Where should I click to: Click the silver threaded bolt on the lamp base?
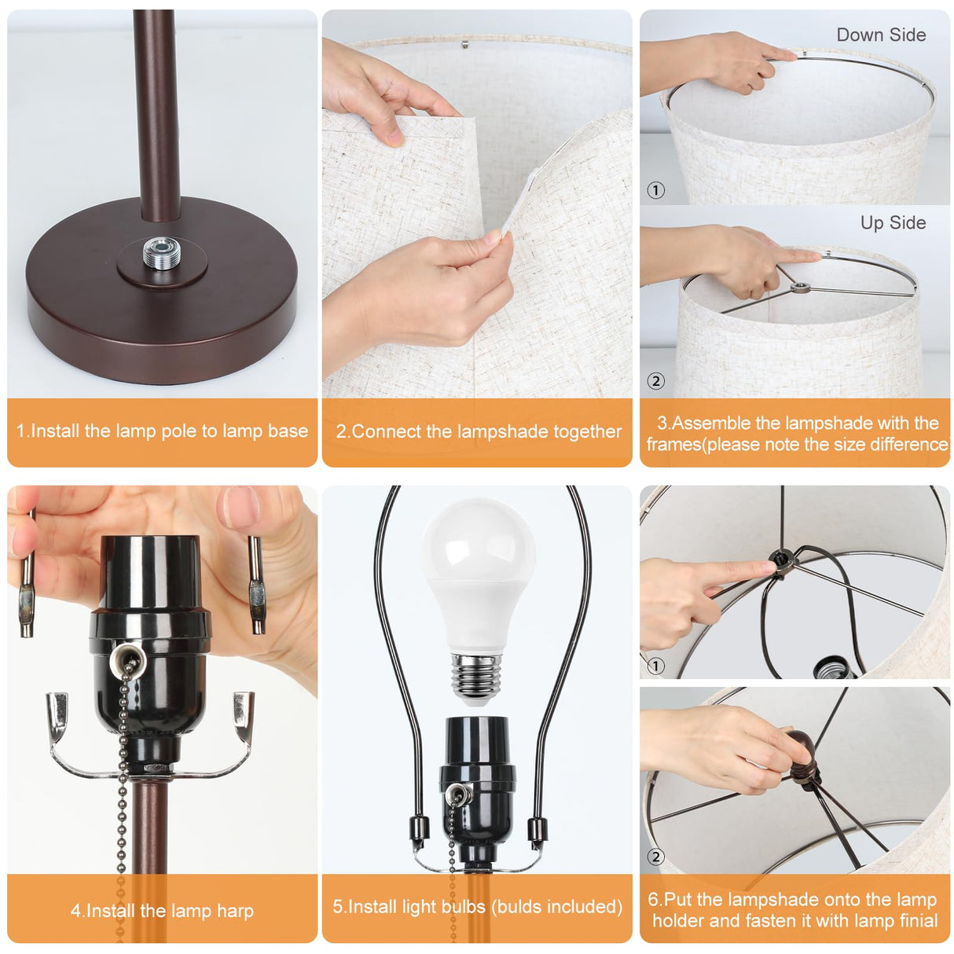pos(162,254)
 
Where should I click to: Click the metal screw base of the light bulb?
pos(477,677)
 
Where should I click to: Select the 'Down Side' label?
pos(880,35)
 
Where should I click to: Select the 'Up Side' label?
pos(893,223)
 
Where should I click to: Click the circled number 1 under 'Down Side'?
pos(655,190)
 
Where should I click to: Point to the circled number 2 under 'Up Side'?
pos(655,381)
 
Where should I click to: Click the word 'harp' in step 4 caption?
pos(235,912)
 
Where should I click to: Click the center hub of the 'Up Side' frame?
pos(799,288)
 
